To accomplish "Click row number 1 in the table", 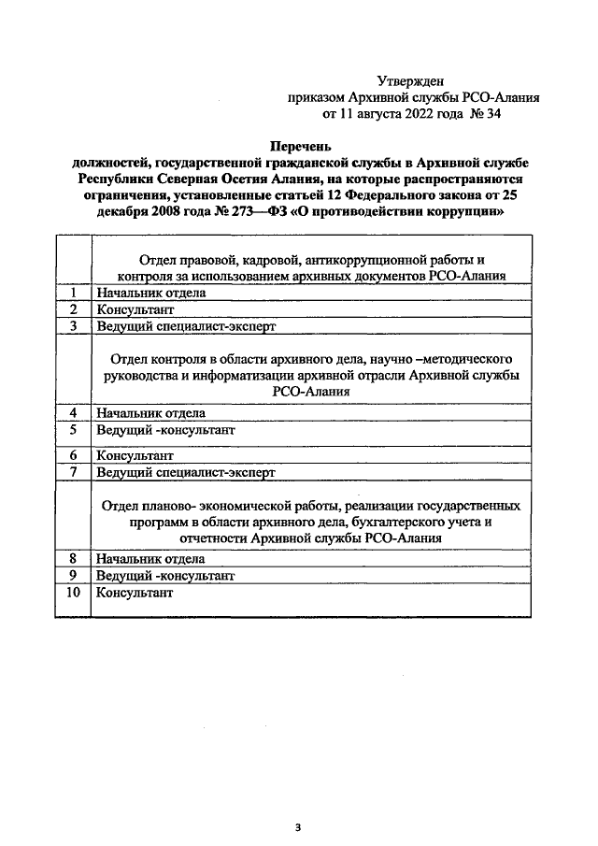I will click(73, 293).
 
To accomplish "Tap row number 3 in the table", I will click(73, 325).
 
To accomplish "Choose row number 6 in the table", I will click(73, 455).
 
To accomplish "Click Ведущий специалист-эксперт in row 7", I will click(186, 473).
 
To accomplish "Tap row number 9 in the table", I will click(73, 575).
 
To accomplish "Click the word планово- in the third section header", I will click(172, 506).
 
